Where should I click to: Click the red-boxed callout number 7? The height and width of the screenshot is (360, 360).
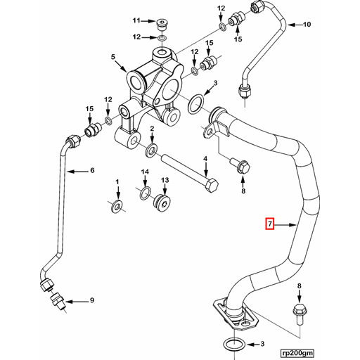[x=269, y=225]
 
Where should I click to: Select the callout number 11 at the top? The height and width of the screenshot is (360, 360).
[x=138, y=20]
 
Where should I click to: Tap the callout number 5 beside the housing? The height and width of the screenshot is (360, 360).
[x=112, y=57]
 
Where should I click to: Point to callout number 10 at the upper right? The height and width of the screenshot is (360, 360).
[x=306, y=25]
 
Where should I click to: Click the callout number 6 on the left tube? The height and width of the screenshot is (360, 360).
[x=90, y=170]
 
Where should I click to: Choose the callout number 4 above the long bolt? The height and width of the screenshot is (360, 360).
[x=205, y=160]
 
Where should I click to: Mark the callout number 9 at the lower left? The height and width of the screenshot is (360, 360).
[x=91, y=301]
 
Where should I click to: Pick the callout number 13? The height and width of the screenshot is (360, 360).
[x=165, y=181]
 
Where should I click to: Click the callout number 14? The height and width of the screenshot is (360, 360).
[x=145, y=172]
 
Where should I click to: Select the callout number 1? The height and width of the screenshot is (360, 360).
[x=117, y=182]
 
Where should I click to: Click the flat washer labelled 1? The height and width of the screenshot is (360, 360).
[x=117, y=205]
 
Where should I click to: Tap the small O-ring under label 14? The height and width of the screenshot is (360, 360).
[x=145, y=193]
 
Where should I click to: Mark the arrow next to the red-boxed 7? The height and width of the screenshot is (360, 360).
[x=285, y=225]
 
